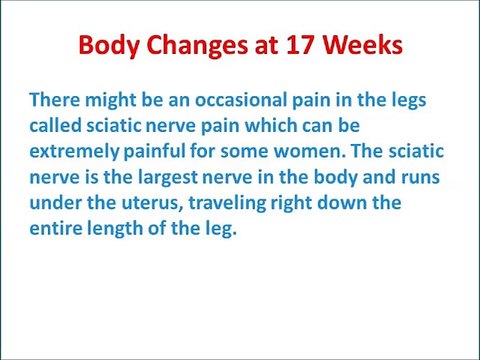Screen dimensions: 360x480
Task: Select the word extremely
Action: [74, 154]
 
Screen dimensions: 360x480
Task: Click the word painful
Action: [162, 154]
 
